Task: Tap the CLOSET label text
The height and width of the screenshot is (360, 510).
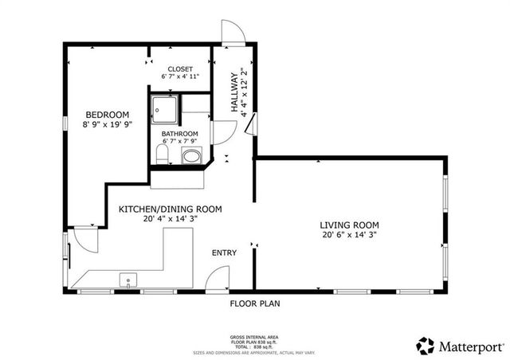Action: coord(179,68)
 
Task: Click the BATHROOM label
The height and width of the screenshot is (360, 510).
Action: coord(179,134)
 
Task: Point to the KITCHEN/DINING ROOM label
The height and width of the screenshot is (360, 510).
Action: coord(170,209)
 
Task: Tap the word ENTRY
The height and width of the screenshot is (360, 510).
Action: coord(224,253)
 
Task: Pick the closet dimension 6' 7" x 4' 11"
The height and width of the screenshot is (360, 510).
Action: coord(179,77)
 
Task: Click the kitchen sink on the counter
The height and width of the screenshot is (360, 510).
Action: coord(127,280)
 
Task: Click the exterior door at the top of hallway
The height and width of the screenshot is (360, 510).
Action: coord(232,33)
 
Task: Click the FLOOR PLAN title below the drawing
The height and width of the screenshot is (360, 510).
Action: coord(255,303)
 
